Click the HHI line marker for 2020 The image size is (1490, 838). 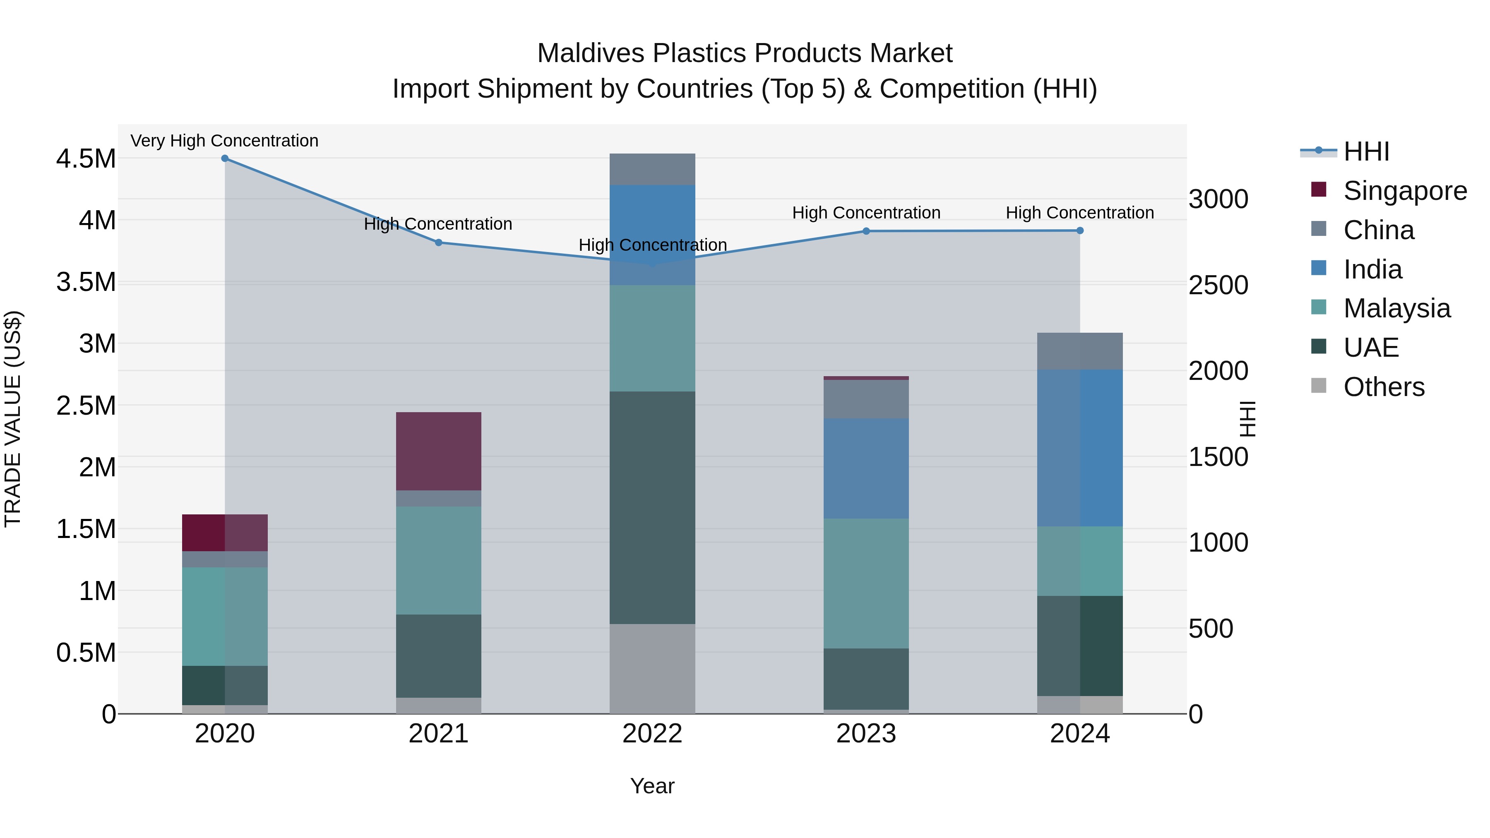(x=225, y=158)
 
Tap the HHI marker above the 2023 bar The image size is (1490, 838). (x=866, y=231)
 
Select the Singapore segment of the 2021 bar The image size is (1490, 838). (x=438, y=451)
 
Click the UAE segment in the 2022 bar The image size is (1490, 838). (x=652, y=507)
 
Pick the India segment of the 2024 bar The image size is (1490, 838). (x=1079, y=448)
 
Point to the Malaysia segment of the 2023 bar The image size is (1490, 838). (x=866, y=583)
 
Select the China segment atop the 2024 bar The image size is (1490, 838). (x=1079, y=351)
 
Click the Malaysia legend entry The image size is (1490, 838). (x=1396, y=308)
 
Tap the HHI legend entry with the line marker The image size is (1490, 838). (x=1366, y=151)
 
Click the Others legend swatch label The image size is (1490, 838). (x=1384, y=387)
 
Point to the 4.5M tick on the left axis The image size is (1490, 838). (x=86, y=159)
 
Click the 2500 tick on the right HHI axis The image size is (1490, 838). (x=1218, y=285)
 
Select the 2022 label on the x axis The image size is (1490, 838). (x=652, y=734)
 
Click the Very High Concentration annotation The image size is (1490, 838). (x=224, y=141)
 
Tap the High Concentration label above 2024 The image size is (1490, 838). (x=1079, y=213)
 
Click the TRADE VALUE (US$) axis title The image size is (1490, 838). (x=13, y=419)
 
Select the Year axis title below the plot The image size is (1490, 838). (x=652, y=786)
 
